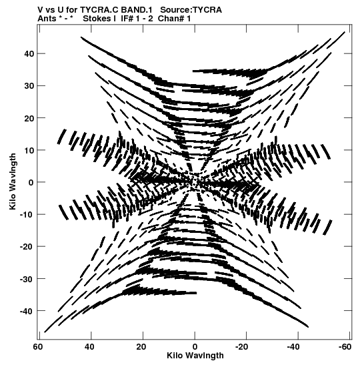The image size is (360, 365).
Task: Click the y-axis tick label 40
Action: coord(29,54)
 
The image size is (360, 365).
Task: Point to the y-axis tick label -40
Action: coord(27,311)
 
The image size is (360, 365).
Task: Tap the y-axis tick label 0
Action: coord(31,183)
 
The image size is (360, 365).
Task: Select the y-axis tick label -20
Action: coord(27,246)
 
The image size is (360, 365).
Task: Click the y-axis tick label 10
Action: coord(29,150)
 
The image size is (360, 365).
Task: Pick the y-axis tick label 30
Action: coord(29,86)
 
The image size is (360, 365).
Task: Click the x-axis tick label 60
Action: coord(38,347)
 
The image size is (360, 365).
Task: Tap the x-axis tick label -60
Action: coord(345,347)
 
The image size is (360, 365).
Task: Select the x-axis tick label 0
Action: coord(195,347)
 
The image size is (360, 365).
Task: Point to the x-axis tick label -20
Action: coord(241,347)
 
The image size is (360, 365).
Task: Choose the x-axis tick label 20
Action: coord(141,347)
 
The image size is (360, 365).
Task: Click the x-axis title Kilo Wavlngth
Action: coord(195,356)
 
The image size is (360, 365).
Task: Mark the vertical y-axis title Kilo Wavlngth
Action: coord(13,181)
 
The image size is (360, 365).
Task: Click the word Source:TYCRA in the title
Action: coord(191,10)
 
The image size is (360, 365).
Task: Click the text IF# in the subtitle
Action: coord(127,19)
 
